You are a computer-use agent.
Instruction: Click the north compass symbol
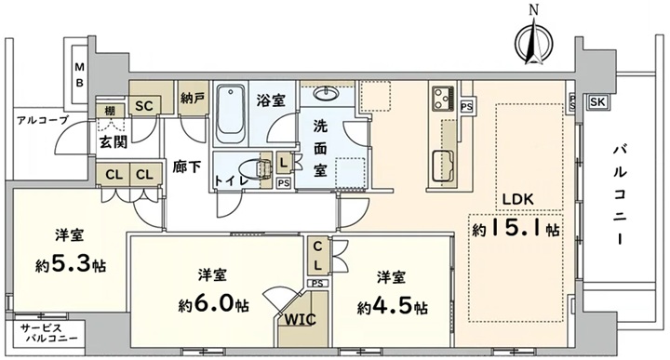[x=534, y=43]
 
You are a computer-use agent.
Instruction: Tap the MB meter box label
[x=79, y=74]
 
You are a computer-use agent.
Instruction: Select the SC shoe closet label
[x=144, y=106]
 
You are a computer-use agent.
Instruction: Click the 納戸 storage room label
[x=193, y=99]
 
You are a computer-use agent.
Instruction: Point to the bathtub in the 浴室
[x=231, y=114]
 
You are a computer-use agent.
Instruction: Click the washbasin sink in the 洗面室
[x=327, y=93]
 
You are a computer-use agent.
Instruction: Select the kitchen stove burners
[x=443, y=98]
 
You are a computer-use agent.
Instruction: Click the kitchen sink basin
[x=443, y=167]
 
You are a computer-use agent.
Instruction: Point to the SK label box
[x=597, y=101]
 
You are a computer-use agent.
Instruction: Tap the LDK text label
[x=517, y=199]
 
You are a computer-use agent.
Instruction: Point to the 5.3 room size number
[x=71, y=264]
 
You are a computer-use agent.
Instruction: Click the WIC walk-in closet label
[x=300, y=319]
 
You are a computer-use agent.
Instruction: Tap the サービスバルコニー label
[x=49, y=333]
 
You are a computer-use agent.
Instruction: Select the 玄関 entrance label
[x=114, y=141]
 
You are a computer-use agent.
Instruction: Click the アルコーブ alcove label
[x=42, y=120]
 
